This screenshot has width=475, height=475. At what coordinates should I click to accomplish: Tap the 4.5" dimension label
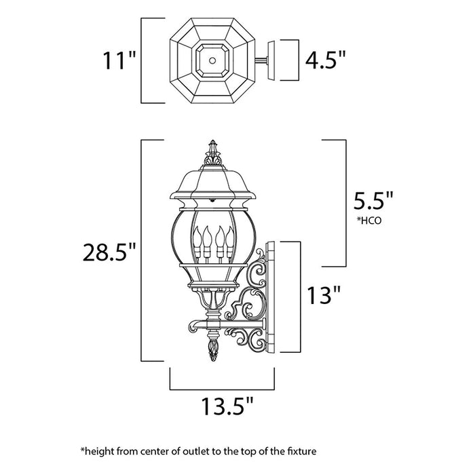326,61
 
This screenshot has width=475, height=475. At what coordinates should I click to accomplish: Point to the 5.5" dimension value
373,202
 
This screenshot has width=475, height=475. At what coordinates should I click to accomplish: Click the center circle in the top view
213,60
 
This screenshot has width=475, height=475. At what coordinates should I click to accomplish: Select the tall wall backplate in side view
269,297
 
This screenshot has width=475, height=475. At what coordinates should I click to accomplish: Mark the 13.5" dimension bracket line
221,390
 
